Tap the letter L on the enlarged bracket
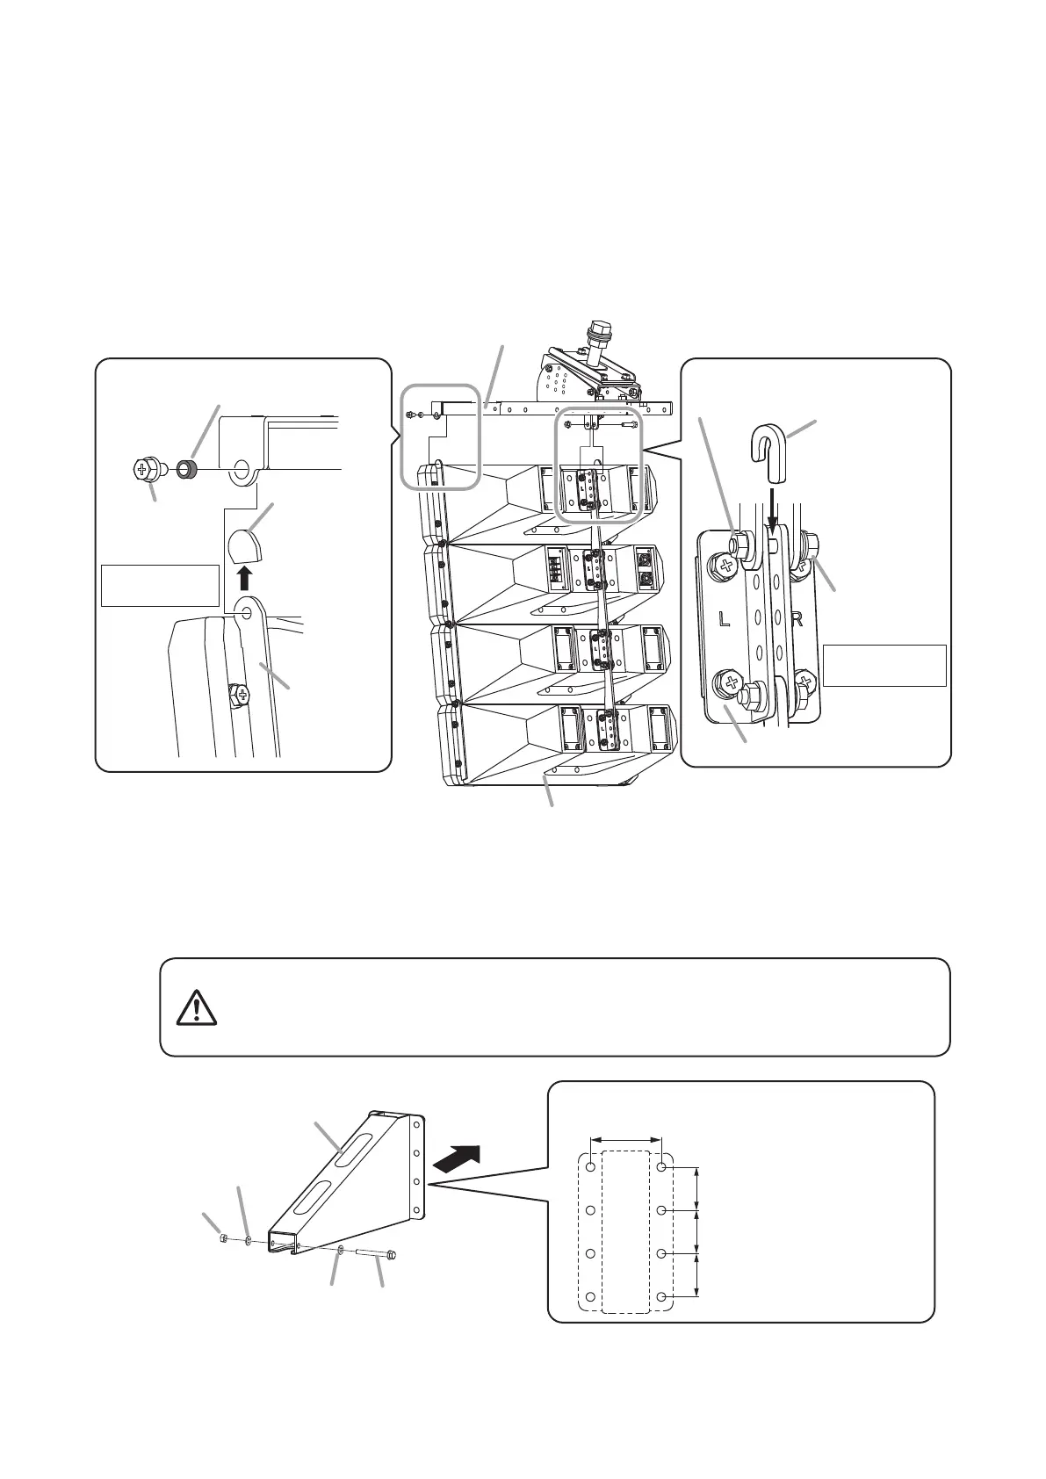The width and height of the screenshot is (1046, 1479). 724,620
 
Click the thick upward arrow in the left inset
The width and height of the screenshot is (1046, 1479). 245,577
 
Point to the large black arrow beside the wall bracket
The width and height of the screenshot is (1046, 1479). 458,1158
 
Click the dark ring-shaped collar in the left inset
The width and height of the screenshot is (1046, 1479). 185,468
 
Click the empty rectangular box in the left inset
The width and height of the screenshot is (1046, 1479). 160,585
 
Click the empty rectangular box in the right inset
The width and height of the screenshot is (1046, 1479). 884,665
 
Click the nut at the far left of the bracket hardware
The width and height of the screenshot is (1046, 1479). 224,1239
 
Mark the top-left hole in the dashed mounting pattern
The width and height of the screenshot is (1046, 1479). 591,1167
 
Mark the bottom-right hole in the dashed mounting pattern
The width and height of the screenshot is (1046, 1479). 662,1296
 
